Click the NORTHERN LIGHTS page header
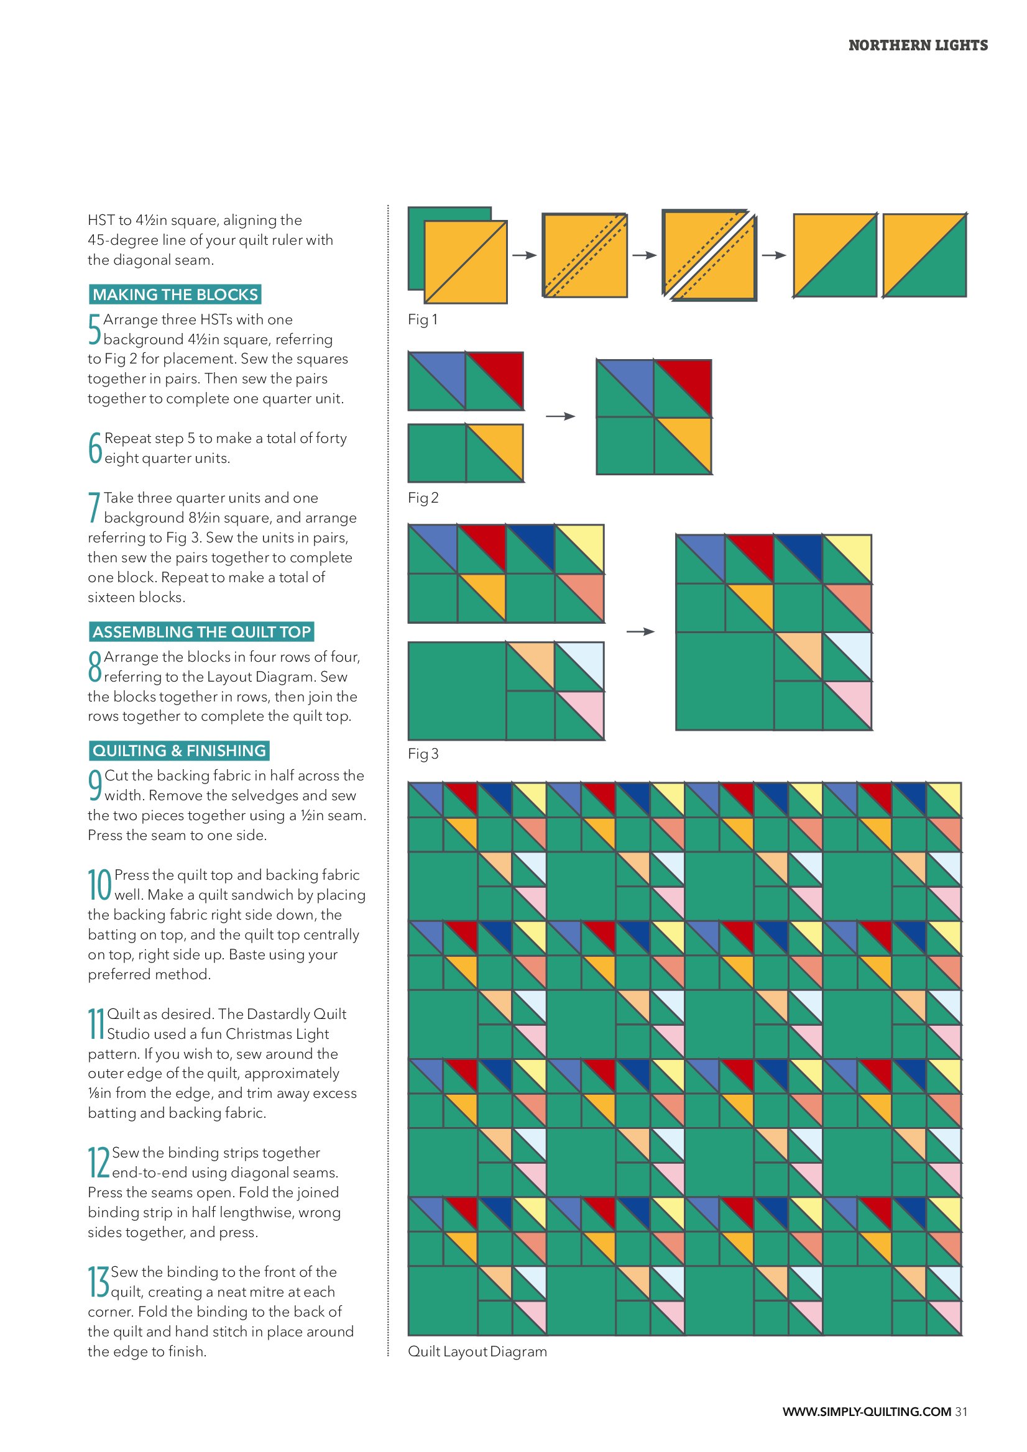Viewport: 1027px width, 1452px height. [x=918, y=45]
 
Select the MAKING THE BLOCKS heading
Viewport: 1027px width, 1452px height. [x=175, y=295]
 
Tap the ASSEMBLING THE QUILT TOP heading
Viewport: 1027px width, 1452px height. [x=202, y=632]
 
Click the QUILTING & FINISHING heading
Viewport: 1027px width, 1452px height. [x=179, y=751]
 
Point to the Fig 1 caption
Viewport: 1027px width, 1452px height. [x=423, y=320]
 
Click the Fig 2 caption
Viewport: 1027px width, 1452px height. [x=423, y=498]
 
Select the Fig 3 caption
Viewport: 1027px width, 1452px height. [x=423, y=754]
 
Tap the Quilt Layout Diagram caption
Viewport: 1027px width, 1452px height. [x=477, y=1351]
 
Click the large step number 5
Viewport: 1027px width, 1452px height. [x=94, y=329]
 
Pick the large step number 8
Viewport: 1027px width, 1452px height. [x=95, y=667]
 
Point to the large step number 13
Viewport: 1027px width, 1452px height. [x=99, y=1281]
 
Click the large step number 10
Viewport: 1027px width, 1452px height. [x=100, y=884]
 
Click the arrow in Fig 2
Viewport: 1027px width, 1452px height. [x=561, y=416]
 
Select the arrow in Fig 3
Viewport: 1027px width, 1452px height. [x=640, y=631]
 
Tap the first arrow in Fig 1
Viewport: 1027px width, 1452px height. [x=525, y=255]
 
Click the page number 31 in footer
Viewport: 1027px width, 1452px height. [x=961, y=1412]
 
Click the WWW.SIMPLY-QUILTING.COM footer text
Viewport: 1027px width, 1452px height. [x=867, y=1412]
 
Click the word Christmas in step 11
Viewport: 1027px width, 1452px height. [x=260, y=1034]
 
